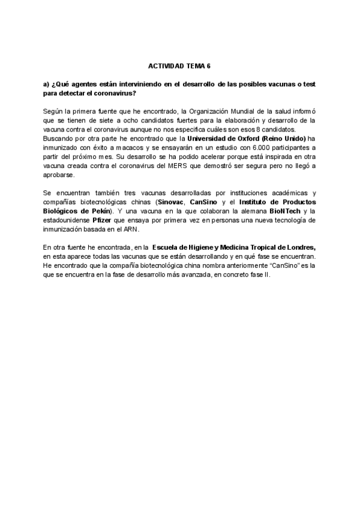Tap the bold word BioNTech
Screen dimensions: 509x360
click(282, 211)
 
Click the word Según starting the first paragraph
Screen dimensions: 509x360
click(53, 112)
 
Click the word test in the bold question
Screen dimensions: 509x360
click(309, 85)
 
